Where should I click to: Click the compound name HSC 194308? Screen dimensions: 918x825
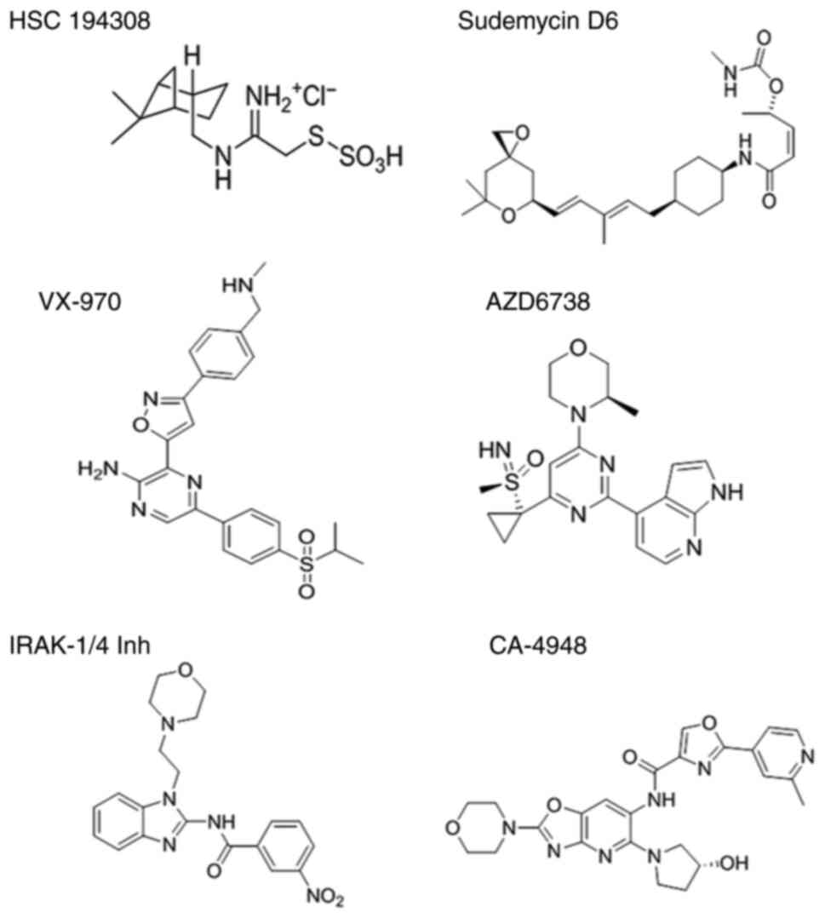click(79, 20)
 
